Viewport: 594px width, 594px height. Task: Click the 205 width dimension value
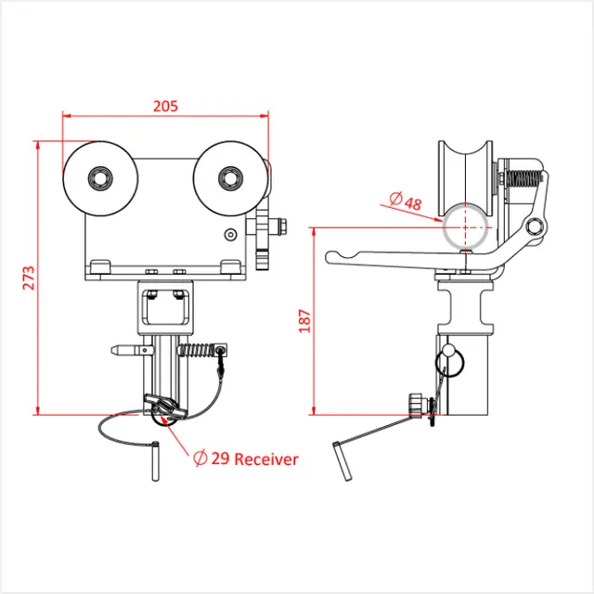point(164,106)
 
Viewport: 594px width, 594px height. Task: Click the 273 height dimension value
point(28,278)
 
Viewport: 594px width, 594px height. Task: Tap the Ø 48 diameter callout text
point(406,201)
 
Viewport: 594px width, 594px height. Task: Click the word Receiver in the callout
point(266,458)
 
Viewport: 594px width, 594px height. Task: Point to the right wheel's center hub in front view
point(228,176)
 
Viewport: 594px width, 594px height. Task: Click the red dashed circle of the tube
point(464,226)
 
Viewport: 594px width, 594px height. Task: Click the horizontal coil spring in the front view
point(197,351)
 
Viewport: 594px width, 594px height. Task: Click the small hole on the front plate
point(229,235)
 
